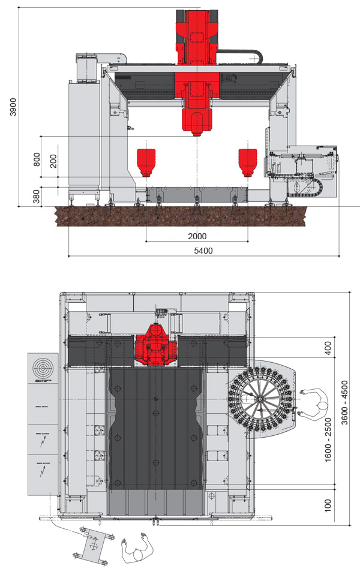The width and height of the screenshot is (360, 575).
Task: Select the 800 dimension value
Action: [37, 159]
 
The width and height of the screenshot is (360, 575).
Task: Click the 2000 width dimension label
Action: [196, 236]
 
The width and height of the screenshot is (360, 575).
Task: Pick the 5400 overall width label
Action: [204, 250]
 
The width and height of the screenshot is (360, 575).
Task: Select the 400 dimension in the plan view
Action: [328, 348]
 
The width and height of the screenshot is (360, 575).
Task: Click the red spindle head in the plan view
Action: [155, 346]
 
